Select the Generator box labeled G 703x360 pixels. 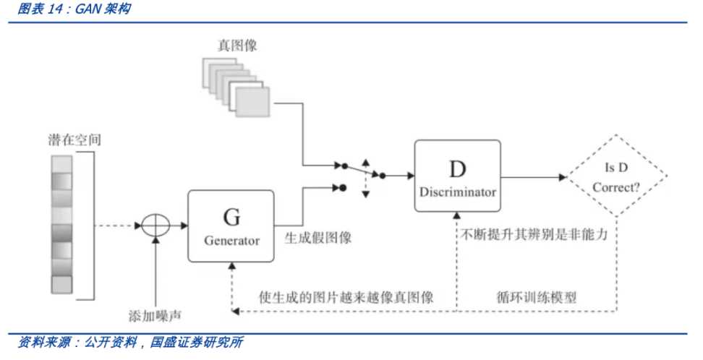point(231,226)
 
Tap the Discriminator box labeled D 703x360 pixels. point(457,176)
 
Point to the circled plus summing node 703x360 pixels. point(154,226)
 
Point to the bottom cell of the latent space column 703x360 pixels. point(62,284)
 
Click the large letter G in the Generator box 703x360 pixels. point(231,215)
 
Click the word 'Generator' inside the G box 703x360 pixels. point(231,241)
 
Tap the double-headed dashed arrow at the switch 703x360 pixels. point(365,176)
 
